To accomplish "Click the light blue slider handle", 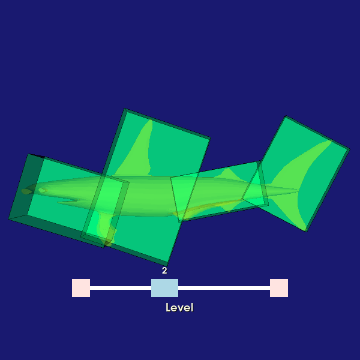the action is point(164,288).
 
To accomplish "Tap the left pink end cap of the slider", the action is point(81,288).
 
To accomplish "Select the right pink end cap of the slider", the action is point(279,288).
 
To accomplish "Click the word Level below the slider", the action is point(179,308).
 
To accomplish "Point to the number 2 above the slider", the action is point(164,271).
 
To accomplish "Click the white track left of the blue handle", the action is point(121,288).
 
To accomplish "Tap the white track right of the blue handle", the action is point(224,288).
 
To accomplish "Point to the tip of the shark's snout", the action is point(23,191).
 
